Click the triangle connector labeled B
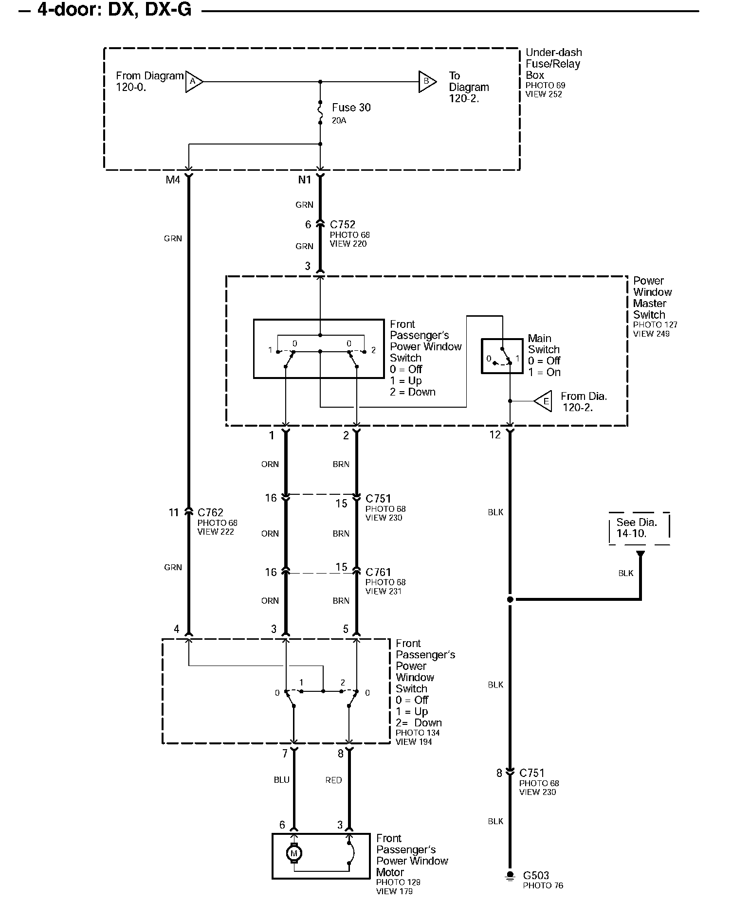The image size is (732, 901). (427, 81)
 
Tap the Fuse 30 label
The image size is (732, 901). (351, 108)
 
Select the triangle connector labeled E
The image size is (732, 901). (544, 401)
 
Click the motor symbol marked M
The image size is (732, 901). (293, 853)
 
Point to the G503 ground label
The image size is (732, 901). (536, 876)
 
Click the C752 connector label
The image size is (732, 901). (342, 225)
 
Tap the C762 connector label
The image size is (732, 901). (210, 512)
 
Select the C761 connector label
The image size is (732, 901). (378, 572)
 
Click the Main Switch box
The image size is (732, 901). (502, 356)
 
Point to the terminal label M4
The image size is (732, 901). (173, 180)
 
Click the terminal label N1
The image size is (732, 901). (304, 180)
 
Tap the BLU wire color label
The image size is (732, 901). (281, 780)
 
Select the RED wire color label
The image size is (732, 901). (333, 780)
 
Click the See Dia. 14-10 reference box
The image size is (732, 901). (639, 528)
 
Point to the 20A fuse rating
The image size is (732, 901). (339, 120)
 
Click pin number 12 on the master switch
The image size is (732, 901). (495, 435)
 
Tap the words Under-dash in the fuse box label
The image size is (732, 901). (553, 53)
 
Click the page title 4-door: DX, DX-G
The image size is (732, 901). (114, 10)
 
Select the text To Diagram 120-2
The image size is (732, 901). (468, 88)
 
